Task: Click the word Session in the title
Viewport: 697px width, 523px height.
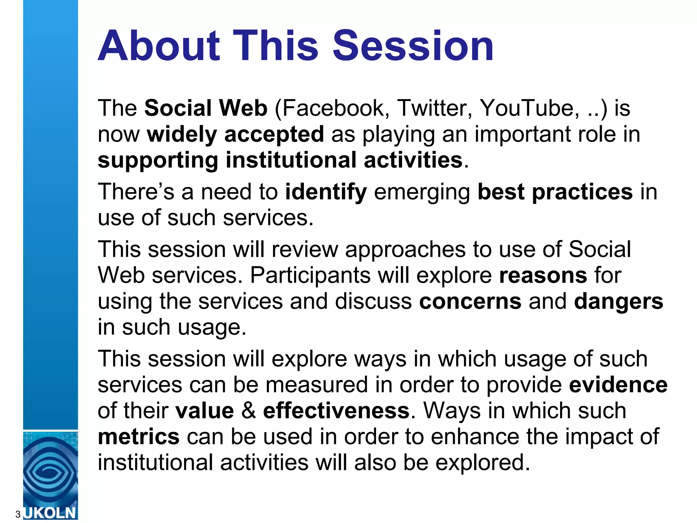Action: pyautogui.click(x=413, y=46)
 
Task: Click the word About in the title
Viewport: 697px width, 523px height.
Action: pyautogui.click(x=159, y=46)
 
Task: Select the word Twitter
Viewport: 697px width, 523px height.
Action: pyautogui.click(x=435, y=108)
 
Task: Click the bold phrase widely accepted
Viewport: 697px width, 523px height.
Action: pyautogui.click(x=235, y=134)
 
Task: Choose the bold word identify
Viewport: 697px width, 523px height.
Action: pyautogui.click(x=326, y=192)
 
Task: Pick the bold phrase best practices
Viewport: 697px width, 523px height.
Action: pyautogui.click(x=555, y=192)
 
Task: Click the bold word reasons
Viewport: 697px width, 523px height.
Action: pyautogui.click(x=543, y=275)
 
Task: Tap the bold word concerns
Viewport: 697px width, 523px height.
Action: pyautogui.click(x=470, y=301)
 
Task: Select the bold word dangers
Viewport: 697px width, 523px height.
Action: pyautogui.click(x=618, y=301)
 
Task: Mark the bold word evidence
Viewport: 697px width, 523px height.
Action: pyautogui.click(x=618, y=385)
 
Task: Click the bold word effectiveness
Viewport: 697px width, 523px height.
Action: pyautogui.click(x=336, y=411)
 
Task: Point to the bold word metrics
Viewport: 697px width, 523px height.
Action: pyautogui.click(x=139, y=437)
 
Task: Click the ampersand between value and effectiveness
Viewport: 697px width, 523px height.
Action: pyautogui.click(x=248, y=411)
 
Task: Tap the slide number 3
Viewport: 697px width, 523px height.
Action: pyautogui.click(x=18, y=514)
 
